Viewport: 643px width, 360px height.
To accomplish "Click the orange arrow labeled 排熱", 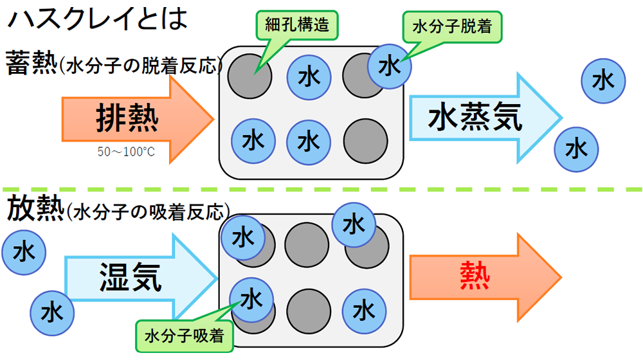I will pos(135,119).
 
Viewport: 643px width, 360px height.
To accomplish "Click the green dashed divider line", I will pos(321,190).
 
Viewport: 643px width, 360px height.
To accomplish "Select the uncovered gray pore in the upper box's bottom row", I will pos(365,139).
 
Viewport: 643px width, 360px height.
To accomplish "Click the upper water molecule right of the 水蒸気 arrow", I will pos(603,80).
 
